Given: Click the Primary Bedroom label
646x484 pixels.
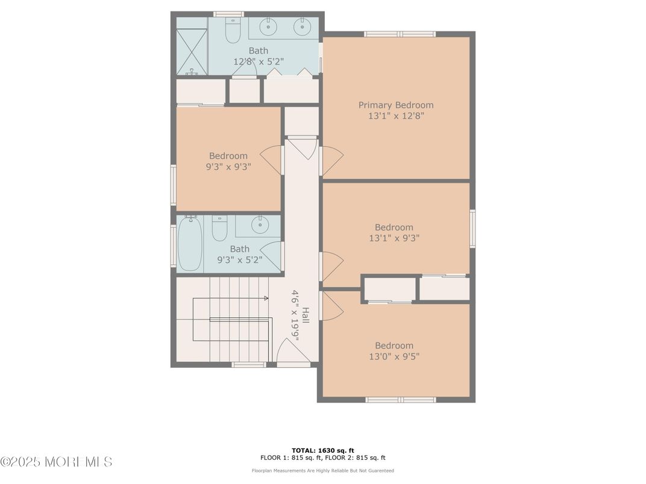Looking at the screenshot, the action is [395, 105].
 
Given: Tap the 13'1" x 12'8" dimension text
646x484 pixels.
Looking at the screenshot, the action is [395, 116].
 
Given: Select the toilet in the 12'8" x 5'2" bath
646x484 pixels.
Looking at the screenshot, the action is [233, 31].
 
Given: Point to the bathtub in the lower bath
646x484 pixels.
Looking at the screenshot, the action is [190, 243].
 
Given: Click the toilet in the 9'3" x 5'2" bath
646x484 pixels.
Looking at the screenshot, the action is [219, 229].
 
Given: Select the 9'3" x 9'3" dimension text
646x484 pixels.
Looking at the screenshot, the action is [228, 167].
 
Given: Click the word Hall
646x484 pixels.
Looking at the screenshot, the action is [306, 315].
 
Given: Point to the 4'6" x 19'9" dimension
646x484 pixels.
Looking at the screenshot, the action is [295, 315].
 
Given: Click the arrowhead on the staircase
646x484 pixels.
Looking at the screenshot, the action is [266, 298].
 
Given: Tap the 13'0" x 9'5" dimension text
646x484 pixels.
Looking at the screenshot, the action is [394, 356].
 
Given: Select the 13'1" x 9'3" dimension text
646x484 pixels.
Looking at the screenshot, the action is [394, 238].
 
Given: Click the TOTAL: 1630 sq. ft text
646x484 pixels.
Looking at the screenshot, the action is [323, 451].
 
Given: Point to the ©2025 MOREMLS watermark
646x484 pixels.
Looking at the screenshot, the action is [56, 462].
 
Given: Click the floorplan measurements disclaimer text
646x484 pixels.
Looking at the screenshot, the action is [323, 470].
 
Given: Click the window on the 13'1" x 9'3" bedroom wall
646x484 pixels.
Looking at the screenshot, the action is [473, 228].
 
